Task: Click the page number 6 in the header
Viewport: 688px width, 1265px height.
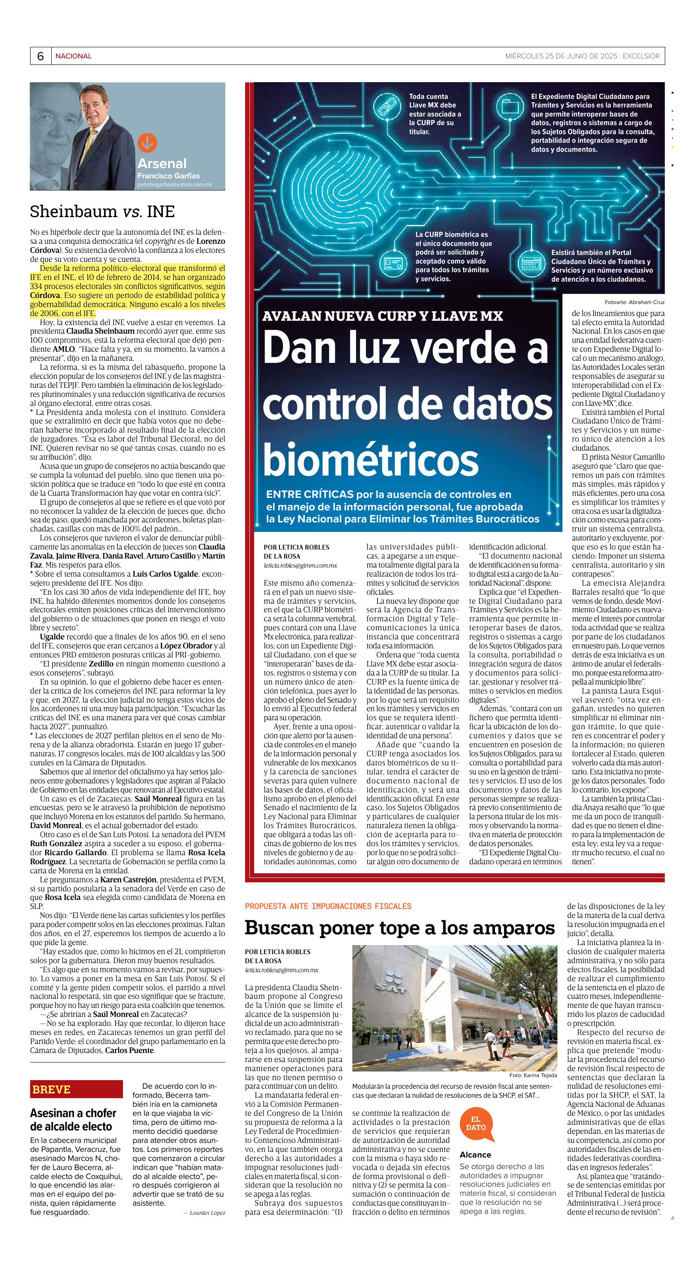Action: (40, 56)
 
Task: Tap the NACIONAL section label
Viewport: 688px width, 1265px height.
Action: (73, 56)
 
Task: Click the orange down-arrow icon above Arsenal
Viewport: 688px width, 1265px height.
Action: (147, 143)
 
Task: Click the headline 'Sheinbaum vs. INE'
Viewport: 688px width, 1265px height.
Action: (102, 212)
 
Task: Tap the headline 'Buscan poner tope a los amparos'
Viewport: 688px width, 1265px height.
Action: (400, 927)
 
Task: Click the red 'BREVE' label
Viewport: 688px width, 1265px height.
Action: (52, 1089)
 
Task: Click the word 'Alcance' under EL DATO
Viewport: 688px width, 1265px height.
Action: (475, 1154)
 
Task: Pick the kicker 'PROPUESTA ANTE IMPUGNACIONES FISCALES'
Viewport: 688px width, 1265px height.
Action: (328, 906)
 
